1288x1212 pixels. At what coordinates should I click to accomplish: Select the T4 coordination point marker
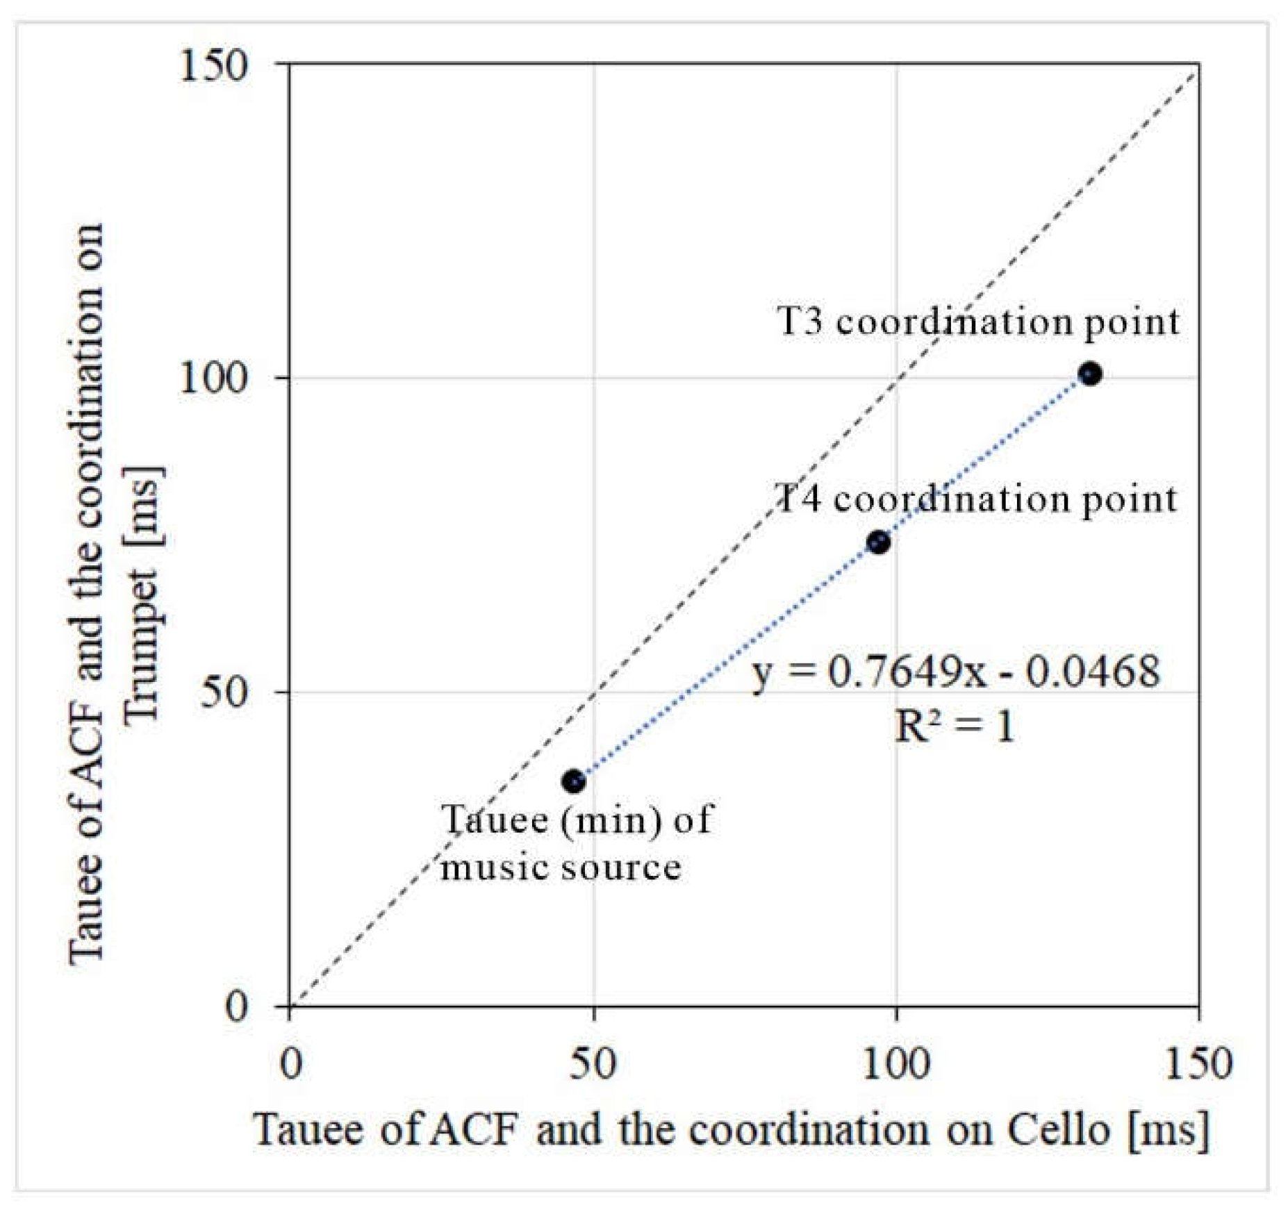(878, 542)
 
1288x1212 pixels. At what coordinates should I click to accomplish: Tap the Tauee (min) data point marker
(573, 781)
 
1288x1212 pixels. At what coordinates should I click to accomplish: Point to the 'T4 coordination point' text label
(975, 499)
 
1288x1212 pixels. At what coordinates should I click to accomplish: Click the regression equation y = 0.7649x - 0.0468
(956, 672)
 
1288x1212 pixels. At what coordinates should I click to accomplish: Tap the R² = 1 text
(954, 727)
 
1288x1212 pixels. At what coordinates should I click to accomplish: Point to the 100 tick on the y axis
(213, 379)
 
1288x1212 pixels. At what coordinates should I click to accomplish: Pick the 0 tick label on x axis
(290, 1063)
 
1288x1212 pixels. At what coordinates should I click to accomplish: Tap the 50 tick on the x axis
(593, 1063)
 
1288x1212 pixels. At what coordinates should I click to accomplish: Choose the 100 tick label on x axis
(895, 1063)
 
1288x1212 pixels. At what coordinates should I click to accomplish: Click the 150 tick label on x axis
(1198, 1063)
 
